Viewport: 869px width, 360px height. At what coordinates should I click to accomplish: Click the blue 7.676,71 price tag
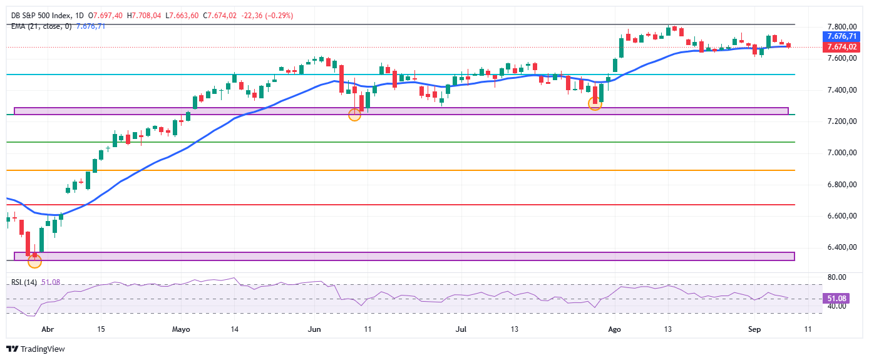coord(841,36)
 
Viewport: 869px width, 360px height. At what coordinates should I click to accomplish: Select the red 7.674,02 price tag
coord(841,47)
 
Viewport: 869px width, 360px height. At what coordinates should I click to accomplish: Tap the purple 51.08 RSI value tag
coord(836,298)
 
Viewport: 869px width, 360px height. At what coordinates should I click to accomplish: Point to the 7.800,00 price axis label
coord(842,27)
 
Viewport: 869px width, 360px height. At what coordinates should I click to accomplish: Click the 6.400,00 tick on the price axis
coord(842,247)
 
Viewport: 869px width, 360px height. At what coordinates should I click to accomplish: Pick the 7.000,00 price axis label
coord(842,153)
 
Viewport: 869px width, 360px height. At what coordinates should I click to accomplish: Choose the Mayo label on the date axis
coord(181,329)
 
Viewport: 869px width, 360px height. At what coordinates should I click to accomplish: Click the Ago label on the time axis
coord(615,329)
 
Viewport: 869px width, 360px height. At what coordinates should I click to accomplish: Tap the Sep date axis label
coord(754,329)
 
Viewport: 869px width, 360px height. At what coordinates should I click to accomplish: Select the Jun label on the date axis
coord(314,329)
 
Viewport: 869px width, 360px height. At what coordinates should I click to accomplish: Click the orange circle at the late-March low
coord(34,262)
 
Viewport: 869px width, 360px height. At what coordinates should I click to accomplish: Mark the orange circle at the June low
coord(354,115)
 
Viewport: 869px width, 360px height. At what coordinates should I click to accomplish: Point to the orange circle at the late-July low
coord(595,103)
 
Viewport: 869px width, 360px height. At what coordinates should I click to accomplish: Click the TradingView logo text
coord(43,349)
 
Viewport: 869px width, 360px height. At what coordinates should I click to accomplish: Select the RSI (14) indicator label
coord(24,282)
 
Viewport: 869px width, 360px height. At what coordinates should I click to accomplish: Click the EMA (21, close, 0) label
coord(41,26)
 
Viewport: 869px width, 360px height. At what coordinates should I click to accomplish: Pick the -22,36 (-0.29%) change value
coord(267,16)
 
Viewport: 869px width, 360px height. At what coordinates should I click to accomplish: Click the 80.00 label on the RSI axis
coord(836,277)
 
